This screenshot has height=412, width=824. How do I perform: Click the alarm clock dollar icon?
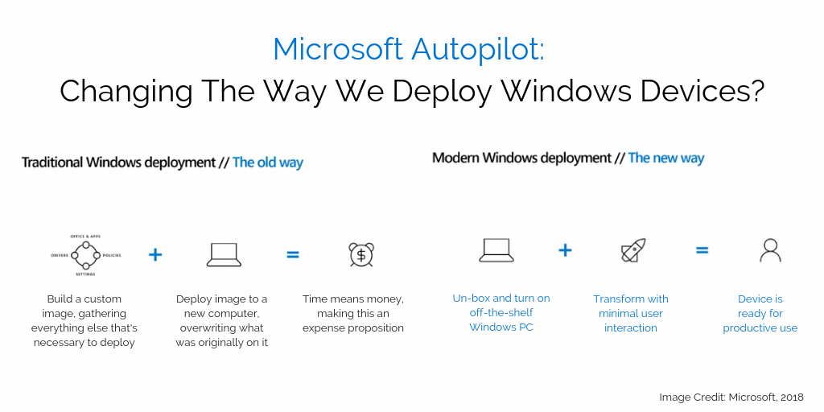(360, 254)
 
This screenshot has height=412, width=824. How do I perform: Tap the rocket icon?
(632, 251)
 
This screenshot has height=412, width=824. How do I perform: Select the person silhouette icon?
(770, 250)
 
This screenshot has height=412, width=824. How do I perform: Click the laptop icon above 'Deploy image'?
(225, 254)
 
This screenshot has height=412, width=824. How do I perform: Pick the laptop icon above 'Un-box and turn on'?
(496, 250)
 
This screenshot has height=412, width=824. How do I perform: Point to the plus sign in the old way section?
(155, 254)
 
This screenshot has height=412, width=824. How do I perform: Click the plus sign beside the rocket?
(565, 250)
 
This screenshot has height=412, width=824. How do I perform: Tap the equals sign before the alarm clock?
(293, 254)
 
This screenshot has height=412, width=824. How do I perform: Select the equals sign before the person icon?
(702, 250)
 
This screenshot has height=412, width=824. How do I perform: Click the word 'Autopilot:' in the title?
(478, 50)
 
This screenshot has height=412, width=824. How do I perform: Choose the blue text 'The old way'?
(268, 163)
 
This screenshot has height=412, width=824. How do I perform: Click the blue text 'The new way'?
(665, 158)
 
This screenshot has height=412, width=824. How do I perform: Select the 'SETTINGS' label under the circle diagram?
(85, 274)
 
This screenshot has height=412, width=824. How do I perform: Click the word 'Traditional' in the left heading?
(52, 163)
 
